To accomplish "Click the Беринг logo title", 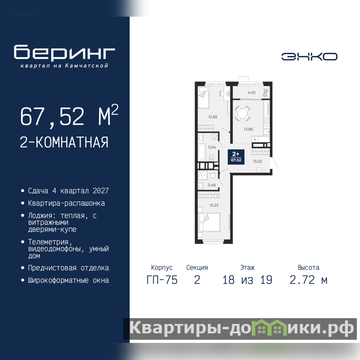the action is [x=64, y=52].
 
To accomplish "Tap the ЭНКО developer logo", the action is [x=309, y=57].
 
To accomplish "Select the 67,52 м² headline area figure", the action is [x=69, y=116].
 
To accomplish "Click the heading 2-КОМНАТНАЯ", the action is [x=64, y=142].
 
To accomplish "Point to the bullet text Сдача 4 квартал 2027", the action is [x=68, y=191].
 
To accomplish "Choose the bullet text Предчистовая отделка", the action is [x=68, y=268].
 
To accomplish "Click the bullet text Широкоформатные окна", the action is [x=68, y=280].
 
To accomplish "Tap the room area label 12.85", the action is [x=213, y=117].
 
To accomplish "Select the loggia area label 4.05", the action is [x=252, y=93].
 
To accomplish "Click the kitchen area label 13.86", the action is [x=248, y=129].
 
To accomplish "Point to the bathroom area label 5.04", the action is [x=212, y=147].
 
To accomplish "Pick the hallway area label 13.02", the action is [x=257, y=162].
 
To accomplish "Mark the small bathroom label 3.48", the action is [x=211, y=185].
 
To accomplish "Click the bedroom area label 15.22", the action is [x=214, y=205].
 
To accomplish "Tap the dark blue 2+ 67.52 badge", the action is [x=236, y=157].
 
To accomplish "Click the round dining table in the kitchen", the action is [x=242, y=113].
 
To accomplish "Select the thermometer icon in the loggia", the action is [x=265, y=93].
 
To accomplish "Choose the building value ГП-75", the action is [x=162, y=280].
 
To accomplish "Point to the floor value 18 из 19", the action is [x=247, y=280].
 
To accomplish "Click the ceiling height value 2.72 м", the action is [x=308, y=280].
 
